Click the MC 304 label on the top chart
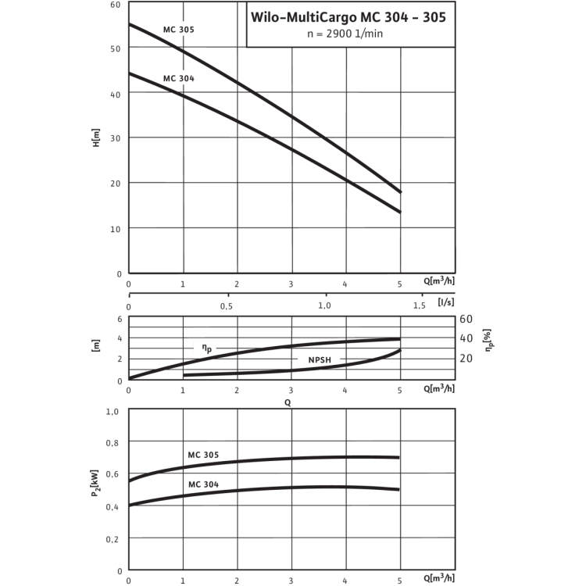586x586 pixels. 178,78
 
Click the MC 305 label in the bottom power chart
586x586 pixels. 202,454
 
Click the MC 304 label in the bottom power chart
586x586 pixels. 202,484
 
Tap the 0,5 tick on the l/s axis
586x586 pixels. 226,307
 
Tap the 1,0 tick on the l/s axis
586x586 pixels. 323,307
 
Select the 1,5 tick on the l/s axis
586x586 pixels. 420,307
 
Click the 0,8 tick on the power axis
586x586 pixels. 114,443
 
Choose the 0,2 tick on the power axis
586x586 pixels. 114,539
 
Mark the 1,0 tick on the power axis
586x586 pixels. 114,412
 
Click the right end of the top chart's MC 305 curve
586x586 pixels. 401,192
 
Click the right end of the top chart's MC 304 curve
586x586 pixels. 401,213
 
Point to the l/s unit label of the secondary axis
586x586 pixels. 446,300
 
